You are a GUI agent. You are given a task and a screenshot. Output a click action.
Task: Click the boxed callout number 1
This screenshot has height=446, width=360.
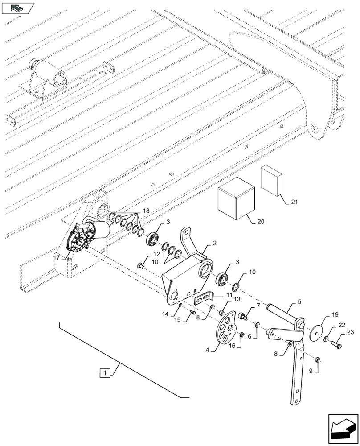click(104, 372)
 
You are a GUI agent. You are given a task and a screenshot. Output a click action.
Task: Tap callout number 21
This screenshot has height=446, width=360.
click(294, 202)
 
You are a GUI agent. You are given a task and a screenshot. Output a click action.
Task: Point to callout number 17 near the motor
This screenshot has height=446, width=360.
click(57, 257)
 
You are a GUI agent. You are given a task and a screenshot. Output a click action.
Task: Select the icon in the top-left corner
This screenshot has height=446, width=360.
click(17, 7)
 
